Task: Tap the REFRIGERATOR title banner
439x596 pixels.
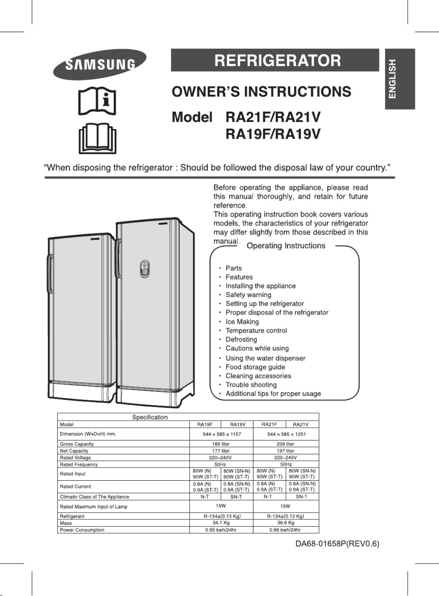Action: click(275, 60)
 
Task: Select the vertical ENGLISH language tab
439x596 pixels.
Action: click(399, 79)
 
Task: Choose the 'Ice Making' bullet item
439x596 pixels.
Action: click(242, 322)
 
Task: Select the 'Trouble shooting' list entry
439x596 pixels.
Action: click(251, 385)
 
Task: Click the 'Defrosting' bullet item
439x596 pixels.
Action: click(241, 339)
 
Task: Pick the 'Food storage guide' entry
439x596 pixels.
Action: click(255, 367)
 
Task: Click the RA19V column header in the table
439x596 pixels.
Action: click(238, 424)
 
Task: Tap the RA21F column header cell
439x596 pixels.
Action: click(269, 424)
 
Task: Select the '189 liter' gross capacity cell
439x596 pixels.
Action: click(221, 444)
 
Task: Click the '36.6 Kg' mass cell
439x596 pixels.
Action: click(286, 523)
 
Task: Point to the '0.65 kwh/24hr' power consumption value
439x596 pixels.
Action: click(221, 530)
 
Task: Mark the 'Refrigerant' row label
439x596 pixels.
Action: click(72, 516)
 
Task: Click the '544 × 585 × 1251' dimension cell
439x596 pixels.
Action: click(286, 434)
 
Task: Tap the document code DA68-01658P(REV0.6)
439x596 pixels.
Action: click(337, 544)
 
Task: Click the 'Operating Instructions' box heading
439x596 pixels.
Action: click(286, 246)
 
